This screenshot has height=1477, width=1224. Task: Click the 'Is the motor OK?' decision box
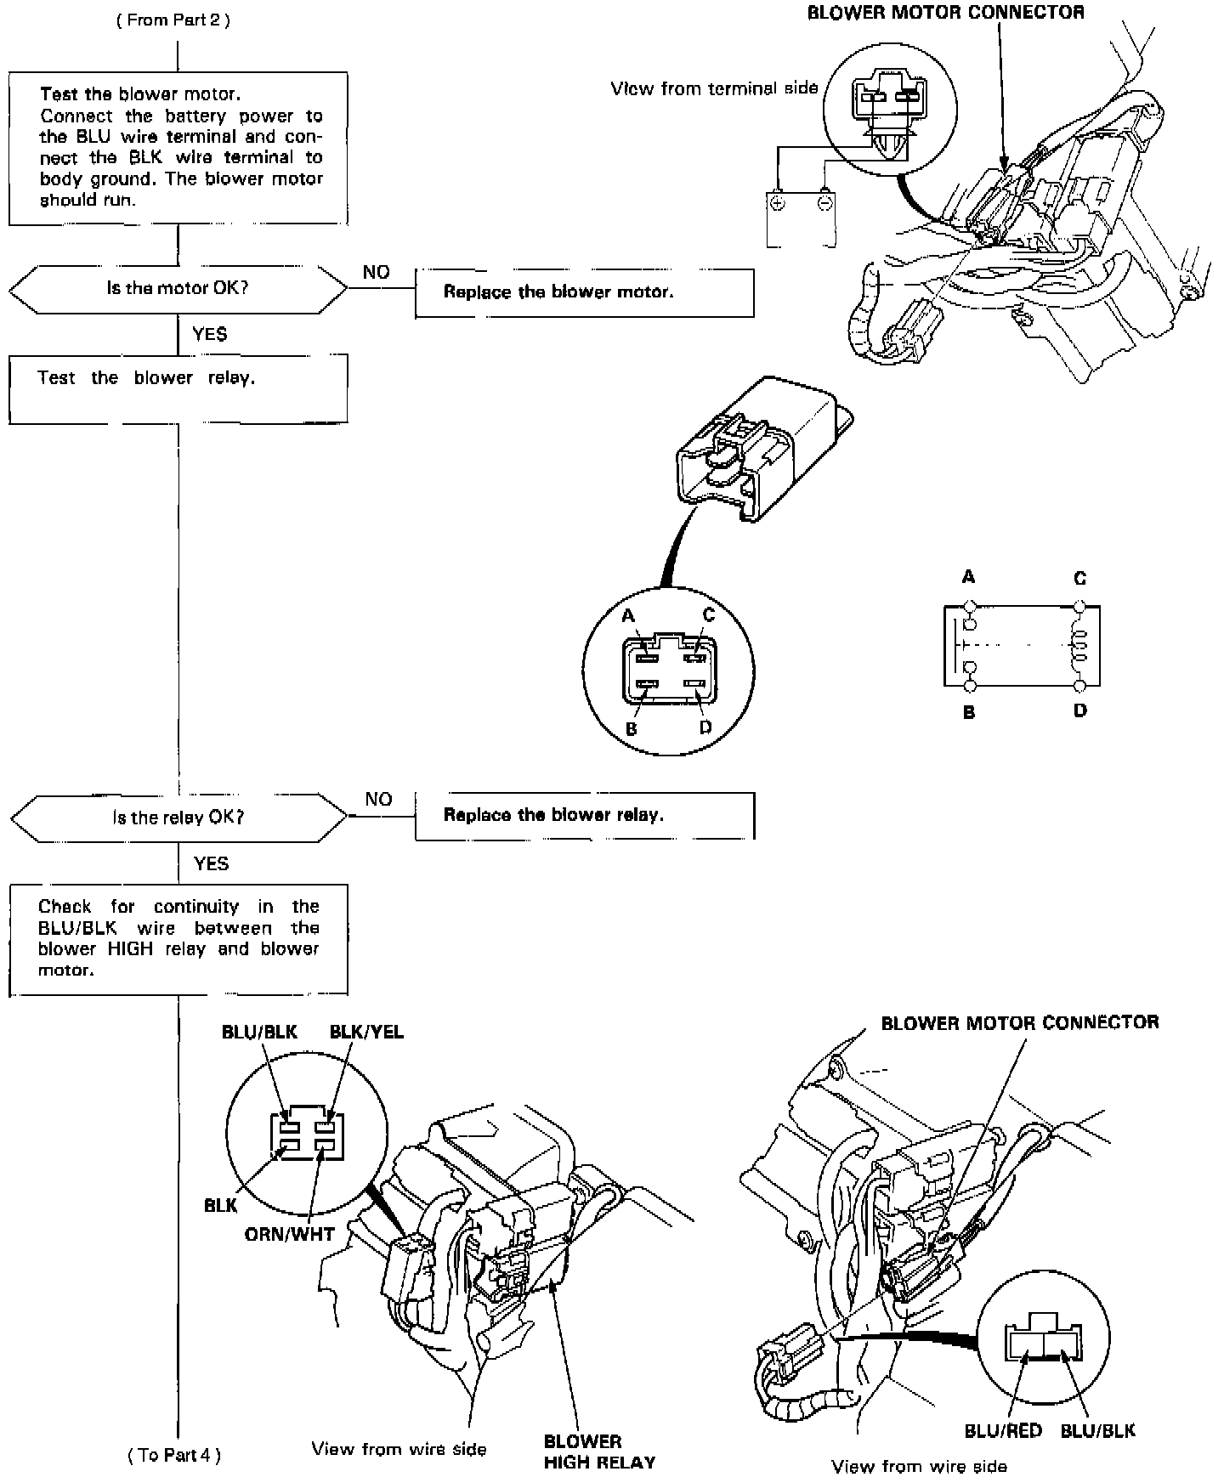click(x=178, y=288)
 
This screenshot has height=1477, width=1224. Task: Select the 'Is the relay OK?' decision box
click(x=178, y=818)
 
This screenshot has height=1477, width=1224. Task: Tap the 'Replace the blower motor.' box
click(x=584, y=292)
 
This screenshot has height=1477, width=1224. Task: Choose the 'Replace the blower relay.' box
click(x=584, y=815)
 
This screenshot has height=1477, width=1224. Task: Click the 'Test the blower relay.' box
click(x=178, y=388)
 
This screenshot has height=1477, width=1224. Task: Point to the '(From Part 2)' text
click(x=173, y=20)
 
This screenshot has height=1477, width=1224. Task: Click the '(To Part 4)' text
click(x=174, y=1455)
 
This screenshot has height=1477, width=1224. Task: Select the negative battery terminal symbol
click(x=824, y=202)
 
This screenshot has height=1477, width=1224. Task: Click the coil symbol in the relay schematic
click(x=1079, y=647)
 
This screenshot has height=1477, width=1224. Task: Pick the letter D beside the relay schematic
click(x=1080, y=710)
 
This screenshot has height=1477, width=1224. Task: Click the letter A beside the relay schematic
click(x=968, y=578)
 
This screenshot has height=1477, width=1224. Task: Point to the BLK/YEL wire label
click(x=366, y=1032)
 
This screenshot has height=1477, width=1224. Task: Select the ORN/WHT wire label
click(x=290, y=1234)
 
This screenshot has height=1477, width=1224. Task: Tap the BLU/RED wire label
click(x=1003, y=1431)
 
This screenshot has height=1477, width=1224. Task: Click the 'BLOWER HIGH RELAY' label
click(x=599, y=1452)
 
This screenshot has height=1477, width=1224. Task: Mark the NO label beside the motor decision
click(x=376, y=272)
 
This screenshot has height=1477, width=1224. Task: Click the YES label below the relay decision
click(x=211, y=863)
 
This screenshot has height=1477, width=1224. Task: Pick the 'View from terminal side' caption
click(x=714, y=88)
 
